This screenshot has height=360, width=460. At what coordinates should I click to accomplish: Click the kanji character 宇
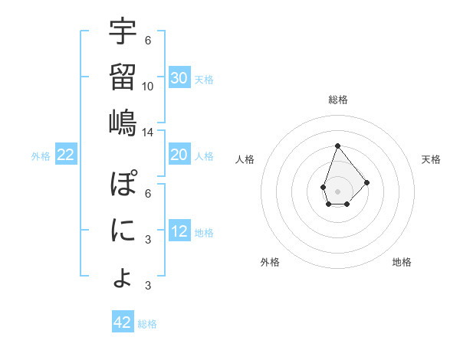123,33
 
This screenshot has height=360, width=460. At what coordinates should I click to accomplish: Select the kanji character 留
123,77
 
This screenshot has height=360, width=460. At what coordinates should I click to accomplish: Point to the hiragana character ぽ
123,186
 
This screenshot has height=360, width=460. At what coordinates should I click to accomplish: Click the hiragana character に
123,230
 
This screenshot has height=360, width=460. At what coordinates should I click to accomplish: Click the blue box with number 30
179,78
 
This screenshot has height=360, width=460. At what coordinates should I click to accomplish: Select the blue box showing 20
179,155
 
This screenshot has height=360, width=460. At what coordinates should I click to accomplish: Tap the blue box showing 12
179,232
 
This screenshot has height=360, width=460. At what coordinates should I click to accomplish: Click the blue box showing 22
66,155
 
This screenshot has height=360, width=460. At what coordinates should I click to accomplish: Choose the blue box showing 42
123,322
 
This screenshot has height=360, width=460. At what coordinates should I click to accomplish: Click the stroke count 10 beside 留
148,86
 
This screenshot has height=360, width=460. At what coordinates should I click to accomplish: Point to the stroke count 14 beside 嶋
148,132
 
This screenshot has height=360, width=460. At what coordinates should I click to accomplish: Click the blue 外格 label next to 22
41,156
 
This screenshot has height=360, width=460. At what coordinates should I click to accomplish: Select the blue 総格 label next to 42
147,324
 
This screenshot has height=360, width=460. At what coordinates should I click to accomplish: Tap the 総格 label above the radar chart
337,100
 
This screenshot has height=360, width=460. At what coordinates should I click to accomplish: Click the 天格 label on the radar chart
431,159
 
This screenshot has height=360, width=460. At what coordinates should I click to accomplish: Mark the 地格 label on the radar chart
402,262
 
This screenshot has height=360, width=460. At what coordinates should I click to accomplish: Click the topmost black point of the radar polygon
337,145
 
